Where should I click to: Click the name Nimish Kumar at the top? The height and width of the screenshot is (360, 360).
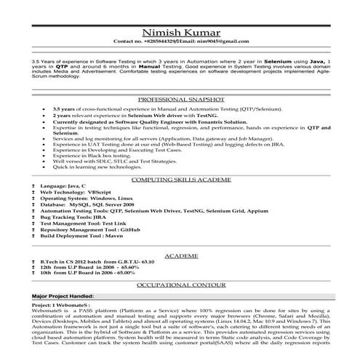(180, 32)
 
